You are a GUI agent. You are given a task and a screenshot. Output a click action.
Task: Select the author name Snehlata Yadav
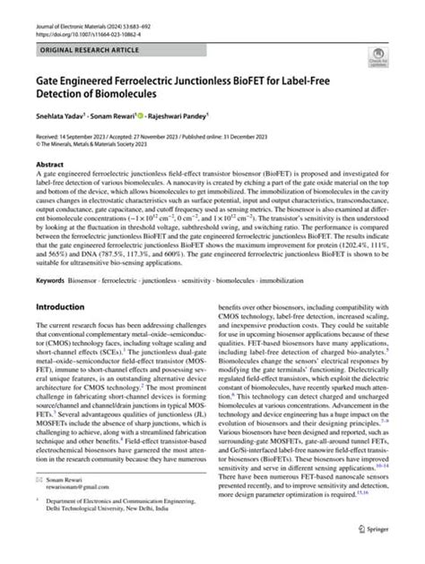coord(63,115)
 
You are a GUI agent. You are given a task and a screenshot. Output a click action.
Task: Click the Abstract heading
coord(50,165)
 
